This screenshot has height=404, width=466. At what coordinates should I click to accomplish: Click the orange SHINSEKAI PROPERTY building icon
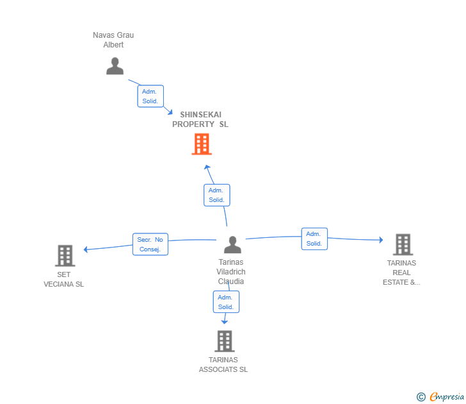[x=202, y=144]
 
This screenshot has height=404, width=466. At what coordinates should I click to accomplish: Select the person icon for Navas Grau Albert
[x=115, y=66]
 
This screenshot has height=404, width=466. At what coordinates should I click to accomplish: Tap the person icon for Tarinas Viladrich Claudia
[x=232, y=245]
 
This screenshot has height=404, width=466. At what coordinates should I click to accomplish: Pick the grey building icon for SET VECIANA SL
[x=65, y=255]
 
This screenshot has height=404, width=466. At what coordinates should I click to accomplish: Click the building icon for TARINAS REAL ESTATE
[x=402, y=244]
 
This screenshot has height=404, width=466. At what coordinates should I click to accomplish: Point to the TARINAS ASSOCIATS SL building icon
[x=224, y=341]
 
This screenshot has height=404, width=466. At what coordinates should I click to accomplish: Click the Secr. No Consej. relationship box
[x=150, y=244]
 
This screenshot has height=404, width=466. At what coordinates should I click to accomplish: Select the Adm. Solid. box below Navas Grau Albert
[x=150, y=96]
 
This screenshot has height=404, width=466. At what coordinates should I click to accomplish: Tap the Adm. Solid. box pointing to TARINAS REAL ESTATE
[x=314, y=239]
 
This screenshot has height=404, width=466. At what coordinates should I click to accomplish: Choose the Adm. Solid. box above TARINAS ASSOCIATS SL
[x=225, y=302]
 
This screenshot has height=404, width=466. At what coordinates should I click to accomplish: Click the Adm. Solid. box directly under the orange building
[x=216, y=195]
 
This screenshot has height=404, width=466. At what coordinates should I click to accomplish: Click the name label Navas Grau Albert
[x=113, y=40]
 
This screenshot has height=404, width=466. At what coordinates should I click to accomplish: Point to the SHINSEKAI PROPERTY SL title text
[x=200, y=119]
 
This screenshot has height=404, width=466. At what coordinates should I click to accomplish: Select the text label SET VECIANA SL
[x=63, y=280]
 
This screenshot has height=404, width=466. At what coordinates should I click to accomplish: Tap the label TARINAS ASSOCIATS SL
[x=223, y=364]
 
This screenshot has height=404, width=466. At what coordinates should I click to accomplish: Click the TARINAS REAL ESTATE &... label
[x=401, y=273]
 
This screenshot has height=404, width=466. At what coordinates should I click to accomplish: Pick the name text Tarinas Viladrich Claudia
[x=230, y=271]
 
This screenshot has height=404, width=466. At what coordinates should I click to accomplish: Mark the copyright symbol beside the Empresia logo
[x=421, y=398]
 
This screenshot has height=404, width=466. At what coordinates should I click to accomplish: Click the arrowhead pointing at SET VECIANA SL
[x=86, y=249]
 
